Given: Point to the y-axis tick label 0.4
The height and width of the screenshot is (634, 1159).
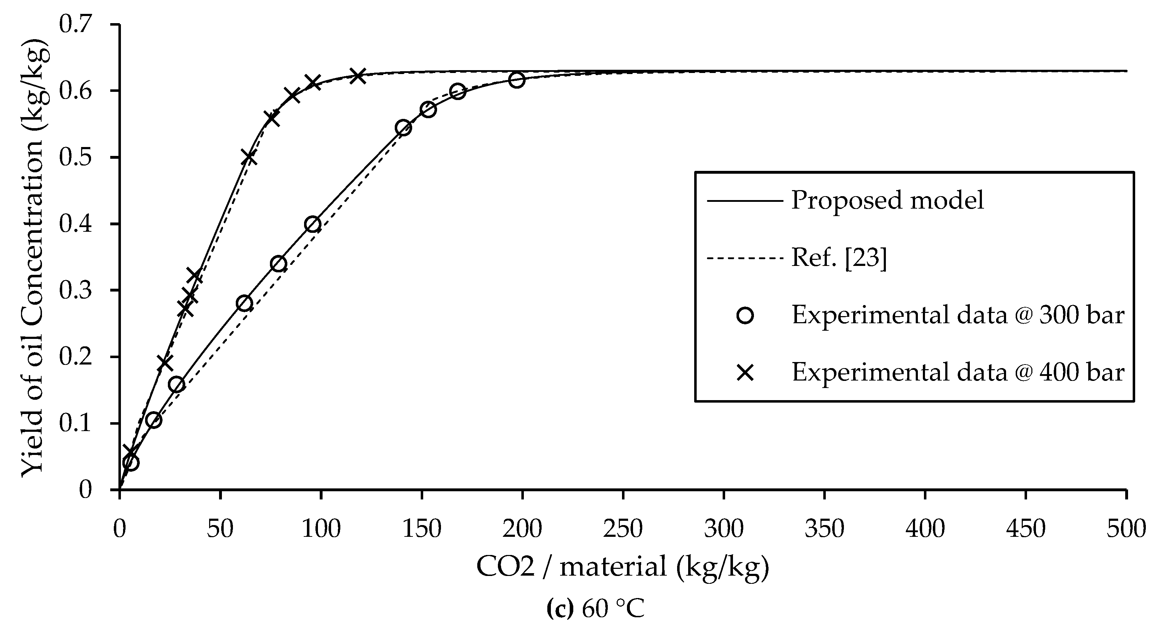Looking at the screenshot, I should click(x=78, y=224).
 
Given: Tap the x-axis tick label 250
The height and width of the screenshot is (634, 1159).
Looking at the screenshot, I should click(x=623, y=529).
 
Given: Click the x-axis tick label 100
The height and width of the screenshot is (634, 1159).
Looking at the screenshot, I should click(x=320, y=529).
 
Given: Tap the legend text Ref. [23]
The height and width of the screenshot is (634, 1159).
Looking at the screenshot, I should click(x=839, y=258).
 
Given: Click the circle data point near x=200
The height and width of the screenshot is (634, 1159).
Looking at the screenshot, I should click(x=517, y=80).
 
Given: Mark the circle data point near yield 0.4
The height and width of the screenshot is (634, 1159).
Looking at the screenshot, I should click(x=313, y=224).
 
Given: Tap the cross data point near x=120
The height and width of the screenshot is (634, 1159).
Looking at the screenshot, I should click(x=358, y=76).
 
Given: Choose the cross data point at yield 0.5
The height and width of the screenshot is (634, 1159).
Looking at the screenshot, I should click(x=249, y=158).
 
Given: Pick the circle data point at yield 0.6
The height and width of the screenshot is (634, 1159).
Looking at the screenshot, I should click(x=458, y=92).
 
